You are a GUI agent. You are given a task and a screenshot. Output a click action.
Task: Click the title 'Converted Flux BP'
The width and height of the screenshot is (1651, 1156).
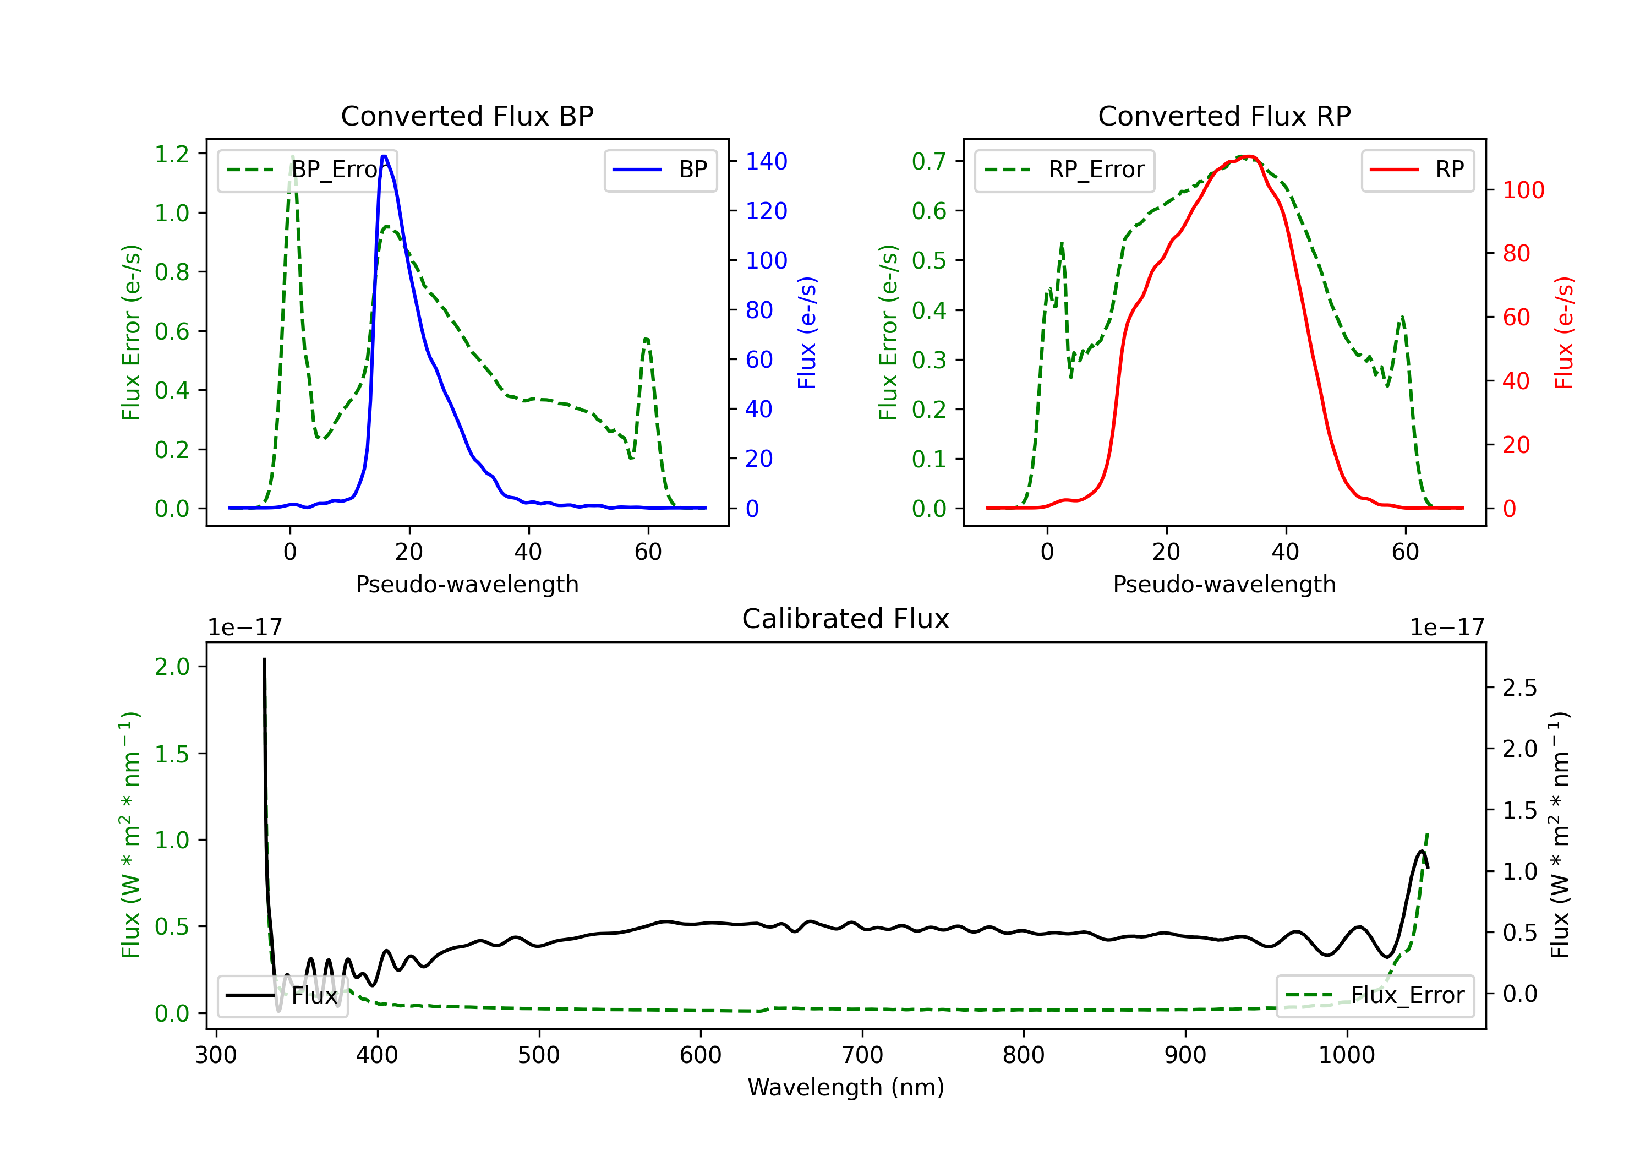(x=467, y=116)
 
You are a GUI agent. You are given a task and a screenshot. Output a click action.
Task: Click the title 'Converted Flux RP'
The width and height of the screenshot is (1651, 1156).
(x=1224, y=116)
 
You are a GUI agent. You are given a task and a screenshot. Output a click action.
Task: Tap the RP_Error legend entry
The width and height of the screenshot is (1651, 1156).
(x=1064, y=170)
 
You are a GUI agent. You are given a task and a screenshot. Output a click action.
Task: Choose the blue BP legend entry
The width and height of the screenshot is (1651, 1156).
(x=660, y=170)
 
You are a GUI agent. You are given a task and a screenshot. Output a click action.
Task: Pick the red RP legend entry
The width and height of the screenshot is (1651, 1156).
(x=1417, y=170)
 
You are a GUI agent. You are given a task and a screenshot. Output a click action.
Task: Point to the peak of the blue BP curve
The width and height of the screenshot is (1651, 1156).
(x=384, y=156)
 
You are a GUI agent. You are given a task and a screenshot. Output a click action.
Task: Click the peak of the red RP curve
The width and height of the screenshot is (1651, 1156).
(x=1250, y=156)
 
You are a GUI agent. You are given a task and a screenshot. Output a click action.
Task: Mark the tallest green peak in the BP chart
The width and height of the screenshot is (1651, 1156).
(x=293, y=156)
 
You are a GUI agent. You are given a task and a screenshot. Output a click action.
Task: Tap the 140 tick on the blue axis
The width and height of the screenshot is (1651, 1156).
(x=766, y=161)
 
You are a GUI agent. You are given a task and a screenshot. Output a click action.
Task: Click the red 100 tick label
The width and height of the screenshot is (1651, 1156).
(x=1523, y=190)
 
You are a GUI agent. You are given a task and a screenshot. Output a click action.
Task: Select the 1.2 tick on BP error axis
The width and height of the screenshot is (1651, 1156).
(x=172, y=154)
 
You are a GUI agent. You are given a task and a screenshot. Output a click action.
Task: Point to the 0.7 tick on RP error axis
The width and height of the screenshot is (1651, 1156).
(x=929, y=161)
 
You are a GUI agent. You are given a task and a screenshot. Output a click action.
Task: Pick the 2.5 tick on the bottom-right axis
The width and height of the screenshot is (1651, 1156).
(x=1519, y=688)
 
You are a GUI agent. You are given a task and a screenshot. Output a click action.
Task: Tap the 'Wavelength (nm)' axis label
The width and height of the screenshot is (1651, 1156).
(x=846, y=1087)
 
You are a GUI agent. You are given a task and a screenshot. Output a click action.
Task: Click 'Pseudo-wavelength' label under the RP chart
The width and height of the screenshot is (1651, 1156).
(x=1224, y=584)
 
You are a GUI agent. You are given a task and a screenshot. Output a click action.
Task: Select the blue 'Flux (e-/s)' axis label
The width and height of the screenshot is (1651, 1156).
(x=807, y=332)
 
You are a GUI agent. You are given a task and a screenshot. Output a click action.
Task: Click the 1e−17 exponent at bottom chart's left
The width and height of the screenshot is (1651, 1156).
(x=244, y=628)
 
